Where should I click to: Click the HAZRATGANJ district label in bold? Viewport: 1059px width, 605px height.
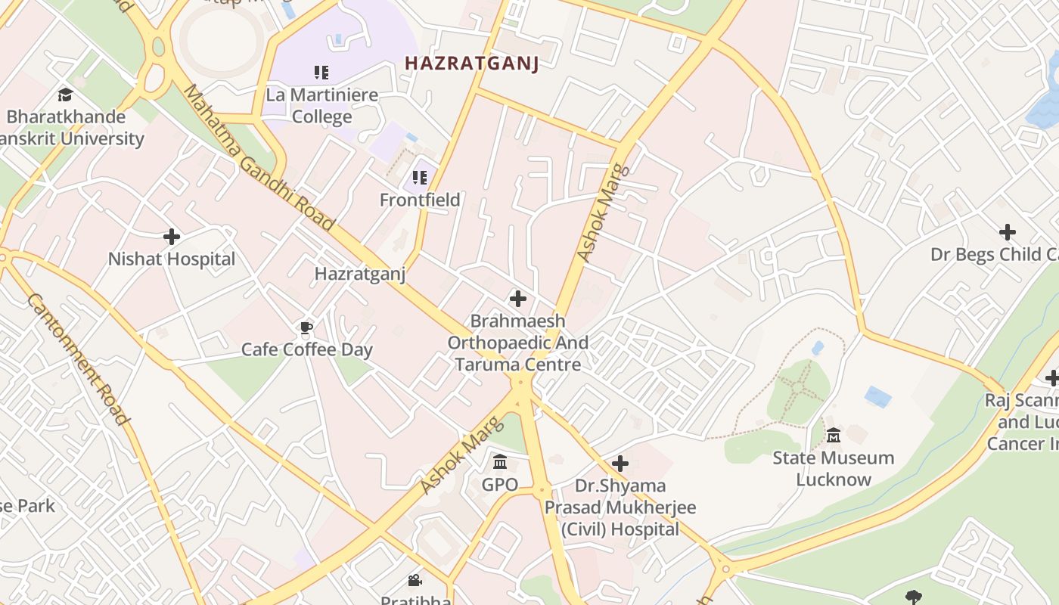coord(472,64)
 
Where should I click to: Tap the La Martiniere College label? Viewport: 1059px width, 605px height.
coord(321,106)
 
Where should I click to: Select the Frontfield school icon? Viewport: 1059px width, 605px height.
coord(420,178)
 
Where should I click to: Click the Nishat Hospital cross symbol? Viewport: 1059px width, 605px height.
coord(172,237)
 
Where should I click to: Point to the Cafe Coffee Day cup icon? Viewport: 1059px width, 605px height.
coord(306,327)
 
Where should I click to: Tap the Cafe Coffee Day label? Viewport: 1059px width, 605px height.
coord(306,349)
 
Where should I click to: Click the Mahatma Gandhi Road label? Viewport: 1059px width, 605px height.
coord(259,157)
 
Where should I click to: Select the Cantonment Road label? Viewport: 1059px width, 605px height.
coord(77,359)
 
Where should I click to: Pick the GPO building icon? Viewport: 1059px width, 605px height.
coord(500,461)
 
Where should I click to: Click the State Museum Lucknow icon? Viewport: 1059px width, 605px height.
coord(834,436)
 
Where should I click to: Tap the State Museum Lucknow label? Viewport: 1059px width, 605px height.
coord(834,468)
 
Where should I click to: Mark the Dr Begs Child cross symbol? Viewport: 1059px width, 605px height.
coord(1007,232)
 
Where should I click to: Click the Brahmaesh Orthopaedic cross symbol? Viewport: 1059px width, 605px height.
coord(518,299)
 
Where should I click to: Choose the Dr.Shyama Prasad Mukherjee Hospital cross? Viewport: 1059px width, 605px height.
coord(620,463)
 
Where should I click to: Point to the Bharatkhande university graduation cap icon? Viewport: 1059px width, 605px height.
coord(65,95)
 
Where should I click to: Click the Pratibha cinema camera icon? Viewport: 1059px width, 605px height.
coord(415,581)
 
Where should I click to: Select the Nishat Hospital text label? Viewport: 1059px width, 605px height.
coord(172,259)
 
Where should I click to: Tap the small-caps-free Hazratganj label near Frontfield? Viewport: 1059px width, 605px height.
coord(360,273)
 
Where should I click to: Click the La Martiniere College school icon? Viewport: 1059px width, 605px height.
coord(321,73)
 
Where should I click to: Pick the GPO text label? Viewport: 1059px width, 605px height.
coord(500,484)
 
